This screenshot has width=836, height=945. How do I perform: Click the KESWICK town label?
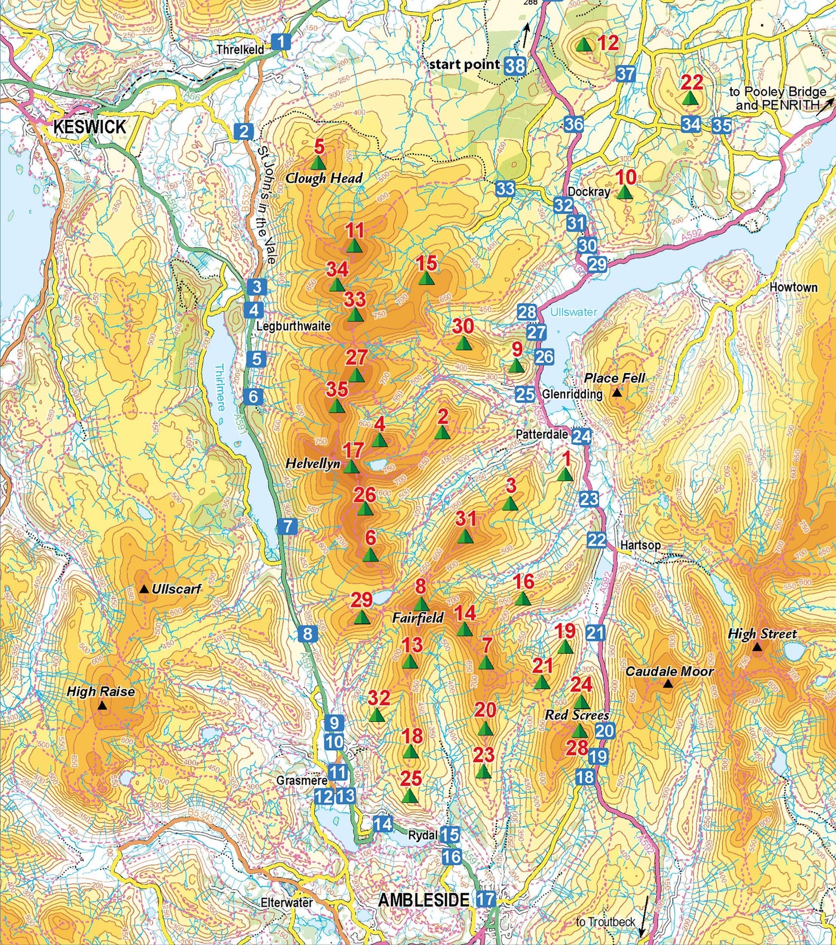click(x=90, y=127)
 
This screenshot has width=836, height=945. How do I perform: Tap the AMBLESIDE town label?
click(x=424, y=899)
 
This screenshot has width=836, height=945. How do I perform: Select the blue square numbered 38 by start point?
click(x=515, y=66)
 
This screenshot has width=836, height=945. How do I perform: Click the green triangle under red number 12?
click(x=584, y=45)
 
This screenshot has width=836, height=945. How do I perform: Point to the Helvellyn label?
click(x=313, y=463)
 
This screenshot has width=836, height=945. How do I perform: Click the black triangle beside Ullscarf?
click(x=144, y=589)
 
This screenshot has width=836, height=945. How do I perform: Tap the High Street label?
click(x=762, y=633)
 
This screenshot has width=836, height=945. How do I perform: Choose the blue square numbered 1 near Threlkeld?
click(x=281, y=41)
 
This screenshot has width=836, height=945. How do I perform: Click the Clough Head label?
click(x=324, y=178)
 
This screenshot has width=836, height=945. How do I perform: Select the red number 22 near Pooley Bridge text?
click(x=692, y=83)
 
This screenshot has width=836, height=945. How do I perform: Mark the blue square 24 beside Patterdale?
click(x=581, y=436)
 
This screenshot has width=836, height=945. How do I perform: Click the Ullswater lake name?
click(x=573, y=312)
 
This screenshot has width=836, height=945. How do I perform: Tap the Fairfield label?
click(x=417, y=618)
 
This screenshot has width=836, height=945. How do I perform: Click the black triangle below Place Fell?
click(x=616, y=392)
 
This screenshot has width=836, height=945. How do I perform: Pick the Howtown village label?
click(x=793, y=287)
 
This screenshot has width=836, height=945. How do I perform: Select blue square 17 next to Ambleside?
click(x=485, y=899)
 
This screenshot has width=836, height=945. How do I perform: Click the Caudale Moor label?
click(x=669, y=671)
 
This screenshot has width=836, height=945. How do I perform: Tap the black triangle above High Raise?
click(x=102, y=706)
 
